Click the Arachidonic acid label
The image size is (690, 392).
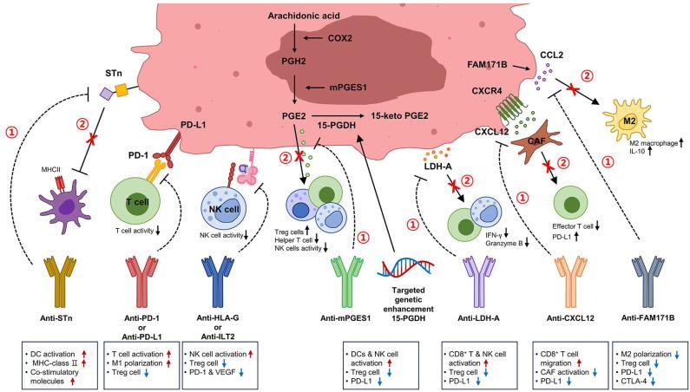click(x=299, y=15)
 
